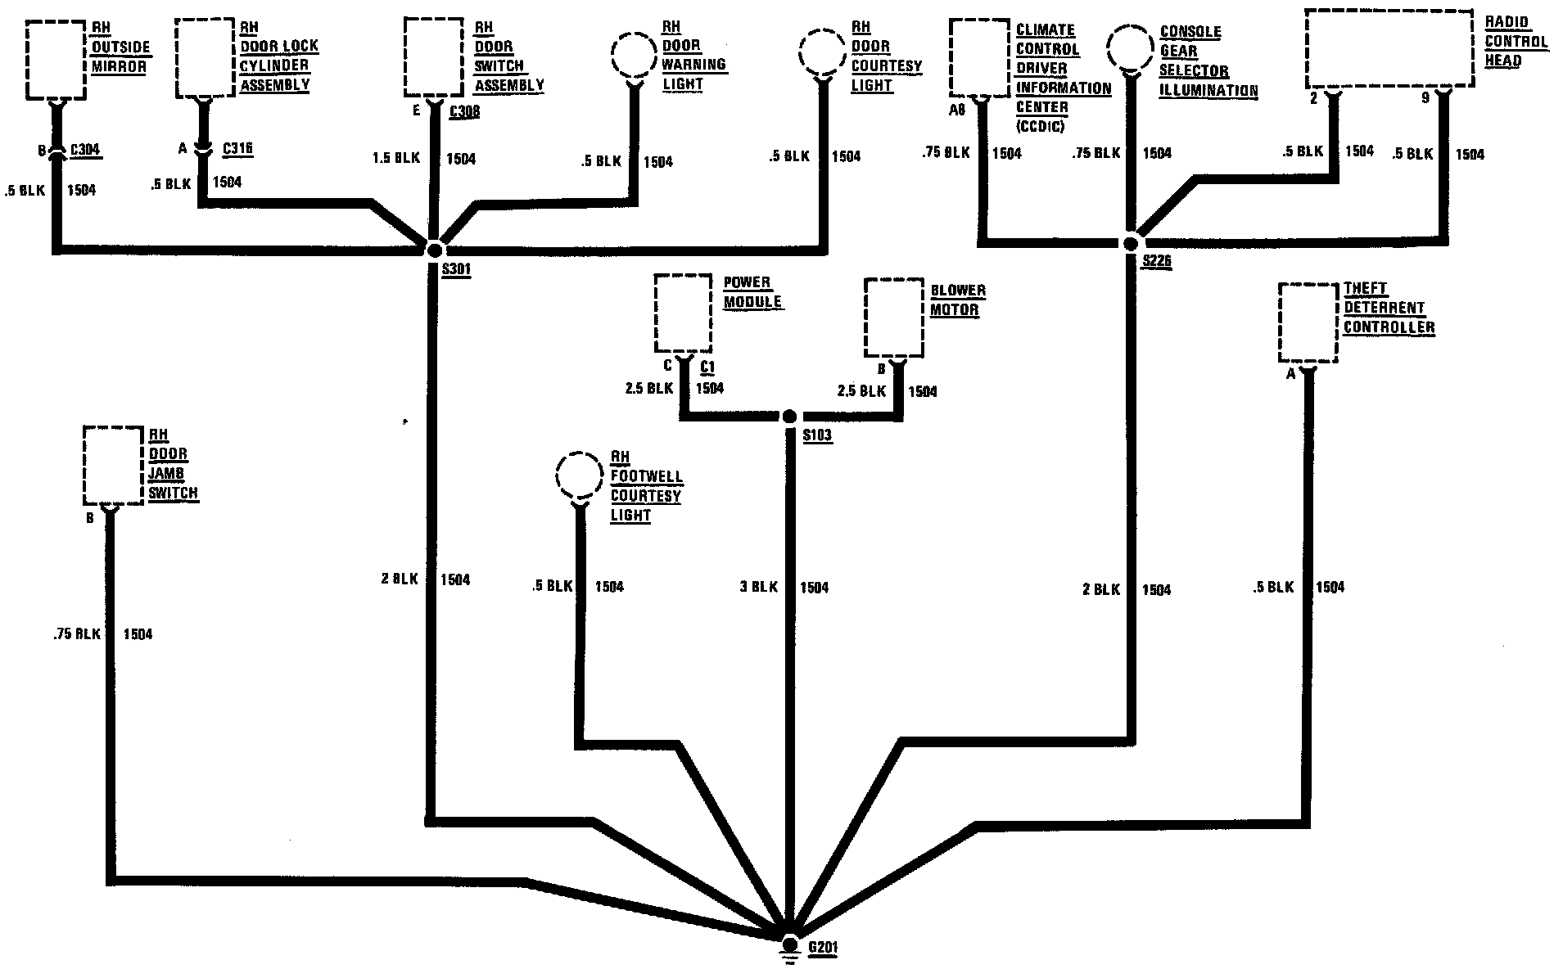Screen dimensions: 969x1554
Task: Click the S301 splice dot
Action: pos(435,249)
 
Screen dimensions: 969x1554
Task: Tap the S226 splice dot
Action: pos(1131,243)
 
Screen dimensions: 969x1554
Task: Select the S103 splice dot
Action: pos(789,417)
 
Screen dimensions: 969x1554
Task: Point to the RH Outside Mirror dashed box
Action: pos(56,58)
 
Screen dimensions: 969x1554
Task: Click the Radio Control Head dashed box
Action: pos(1388,48)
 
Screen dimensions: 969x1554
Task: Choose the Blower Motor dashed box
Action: pos(894,318)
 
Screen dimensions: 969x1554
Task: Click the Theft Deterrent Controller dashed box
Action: pos(1308,322)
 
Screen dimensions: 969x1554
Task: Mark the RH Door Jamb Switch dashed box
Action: pos(113,465)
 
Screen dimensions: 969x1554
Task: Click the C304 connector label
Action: pos(86,150)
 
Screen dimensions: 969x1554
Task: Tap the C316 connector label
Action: pos(237,149)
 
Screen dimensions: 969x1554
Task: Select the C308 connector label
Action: pos(464,111)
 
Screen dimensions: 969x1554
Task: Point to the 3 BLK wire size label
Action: pos(759,587)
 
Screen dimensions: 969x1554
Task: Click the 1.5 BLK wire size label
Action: pos(395,158)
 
